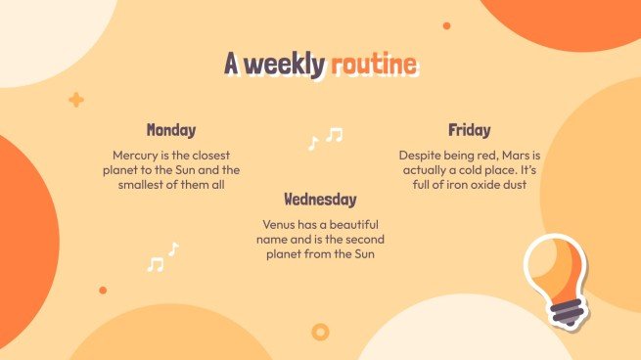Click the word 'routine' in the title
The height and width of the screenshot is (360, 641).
coord(373,66)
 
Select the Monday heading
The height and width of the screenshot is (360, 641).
coord(171,130)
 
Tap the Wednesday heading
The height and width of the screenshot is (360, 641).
coord(320,200)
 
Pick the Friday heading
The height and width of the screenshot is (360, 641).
coord(470,130)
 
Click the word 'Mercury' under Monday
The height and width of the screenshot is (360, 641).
coord(136,156)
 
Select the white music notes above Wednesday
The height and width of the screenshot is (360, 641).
coord(326,138)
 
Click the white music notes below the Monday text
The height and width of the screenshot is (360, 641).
coord(162,257)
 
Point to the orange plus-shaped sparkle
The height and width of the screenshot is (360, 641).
coord(76,100)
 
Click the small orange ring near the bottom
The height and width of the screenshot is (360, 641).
coord(319,333)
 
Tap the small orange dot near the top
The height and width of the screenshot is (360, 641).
coord(446,25)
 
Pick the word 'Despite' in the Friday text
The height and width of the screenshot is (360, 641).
coord(419,156)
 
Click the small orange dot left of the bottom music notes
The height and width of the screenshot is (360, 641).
coord(103,290)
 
